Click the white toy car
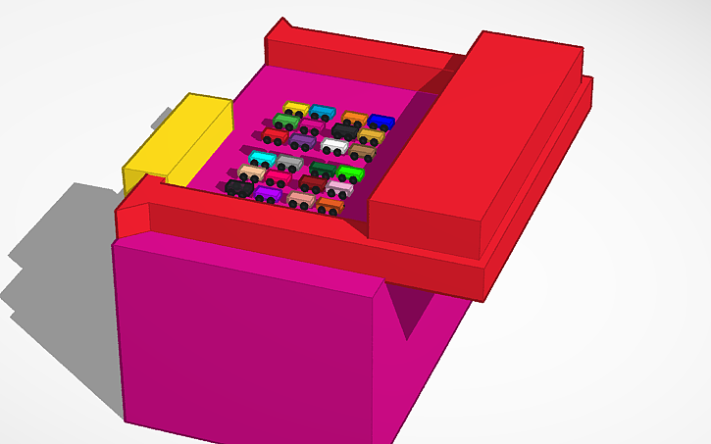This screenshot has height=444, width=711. [x=334, y=146]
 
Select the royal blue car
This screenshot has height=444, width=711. [x=381, y=122]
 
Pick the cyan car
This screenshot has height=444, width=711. [x=262, y=158]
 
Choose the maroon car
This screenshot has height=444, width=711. [x=313, y=183]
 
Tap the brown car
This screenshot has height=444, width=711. [x=362, y=152]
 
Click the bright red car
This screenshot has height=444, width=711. [x=275, y=135]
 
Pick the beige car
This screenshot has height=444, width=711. [x=252, y=173]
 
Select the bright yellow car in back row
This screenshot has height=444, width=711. [x=295, y=109]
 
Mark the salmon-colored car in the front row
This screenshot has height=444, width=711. [x=302, y=199]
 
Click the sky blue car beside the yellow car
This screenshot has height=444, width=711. [x=323, y=112]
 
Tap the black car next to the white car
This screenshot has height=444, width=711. [x=344, y=130]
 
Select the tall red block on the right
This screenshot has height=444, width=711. [x=471, y=137]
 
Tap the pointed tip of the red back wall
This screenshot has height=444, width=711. [x=282, y=21]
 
